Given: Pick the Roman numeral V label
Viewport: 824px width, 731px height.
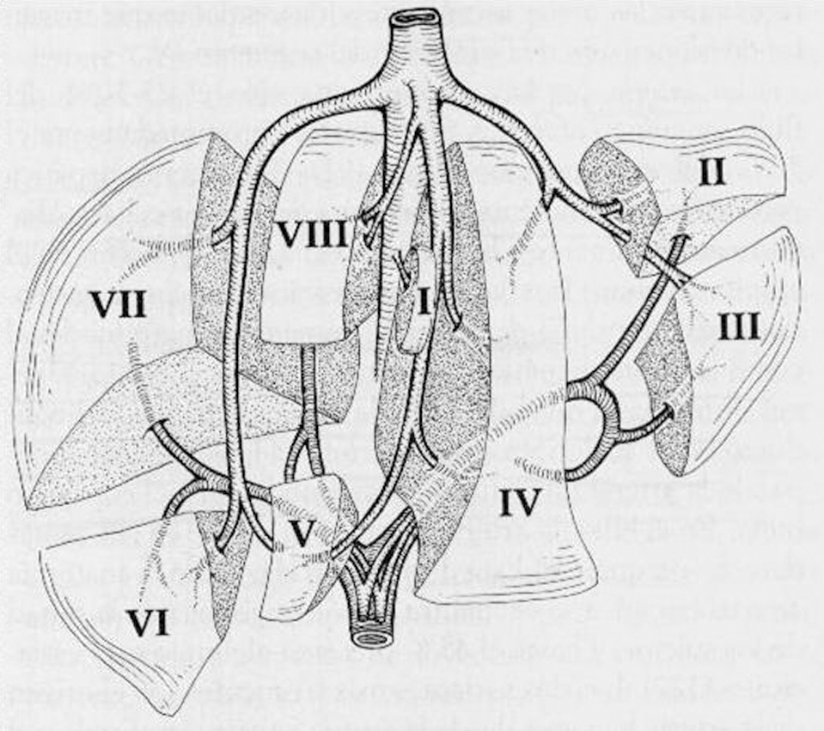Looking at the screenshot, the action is pyautogui.click(x=299, y=533).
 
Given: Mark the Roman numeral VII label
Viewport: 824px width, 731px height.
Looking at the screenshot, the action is pyautogui.click(x=119, y=305).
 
